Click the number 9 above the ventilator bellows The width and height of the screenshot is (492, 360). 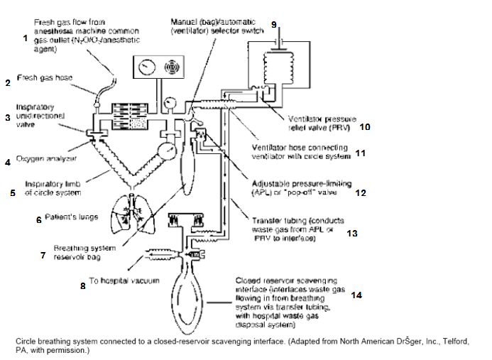(x=274, y=24)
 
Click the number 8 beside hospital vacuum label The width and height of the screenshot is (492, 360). (x=82, y=286)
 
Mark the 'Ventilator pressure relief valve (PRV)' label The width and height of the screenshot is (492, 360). (x=322, y=126)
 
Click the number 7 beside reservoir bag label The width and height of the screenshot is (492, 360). (x=43, y=254)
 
